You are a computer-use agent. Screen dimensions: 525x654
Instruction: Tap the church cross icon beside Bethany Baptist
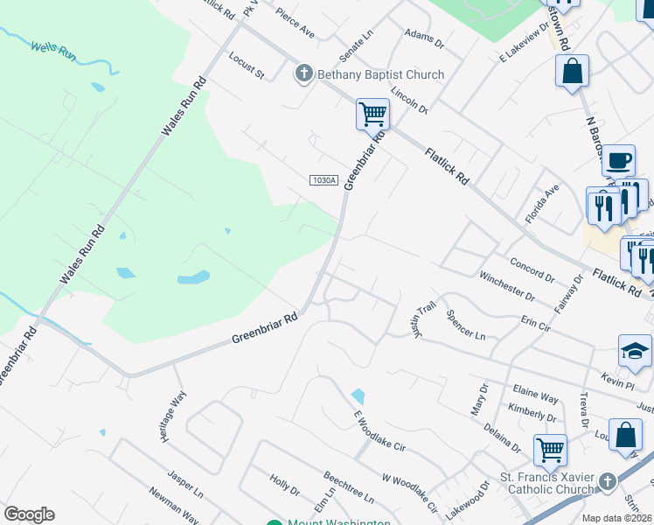(304, 73)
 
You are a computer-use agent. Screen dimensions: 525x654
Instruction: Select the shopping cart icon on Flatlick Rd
(372, 114)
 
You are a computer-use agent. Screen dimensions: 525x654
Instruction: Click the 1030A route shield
(324, 180)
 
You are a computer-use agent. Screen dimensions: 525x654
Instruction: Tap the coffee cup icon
(619, 161)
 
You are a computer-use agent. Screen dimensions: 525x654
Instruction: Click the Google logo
(29, 514)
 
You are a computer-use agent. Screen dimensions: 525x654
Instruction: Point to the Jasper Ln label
(186, 485)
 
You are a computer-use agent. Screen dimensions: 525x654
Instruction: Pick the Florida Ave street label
(542, 203)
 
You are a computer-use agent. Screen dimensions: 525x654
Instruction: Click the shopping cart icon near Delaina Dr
(550, 451)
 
